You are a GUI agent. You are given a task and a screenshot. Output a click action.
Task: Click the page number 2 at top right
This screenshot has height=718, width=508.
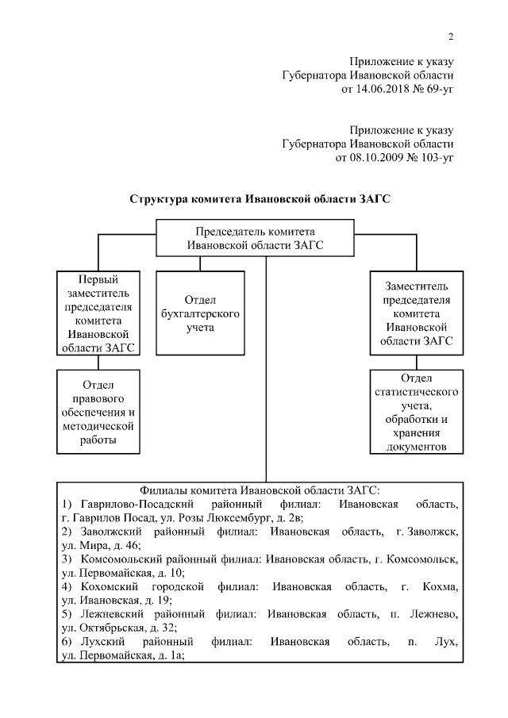(450, 36)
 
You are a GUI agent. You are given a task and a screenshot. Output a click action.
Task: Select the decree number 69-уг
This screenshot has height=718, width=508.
(437, 90)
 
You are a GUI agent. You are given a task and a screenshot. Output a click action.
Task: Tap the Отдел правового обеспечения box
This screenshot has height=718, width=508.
(97, 411)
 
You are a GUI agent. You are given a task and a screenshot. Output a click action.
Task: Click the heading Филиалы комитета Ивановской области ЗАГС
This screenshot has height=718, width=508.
(259, 490)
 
